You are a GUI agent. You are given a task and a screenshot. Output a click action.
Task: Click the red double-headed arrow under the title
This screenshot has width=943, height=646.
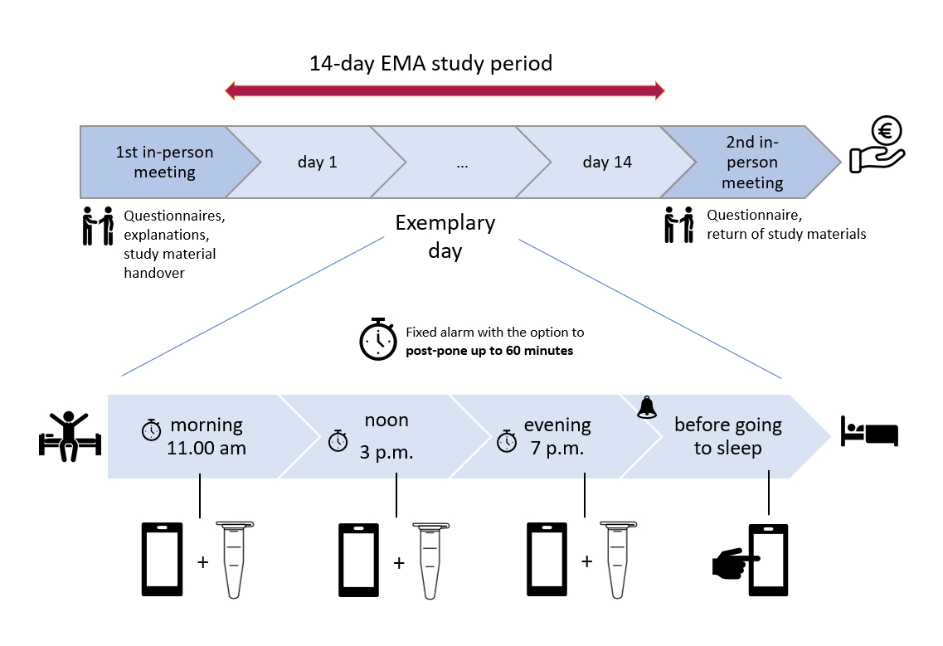pyautogui.click(x=445, y=91)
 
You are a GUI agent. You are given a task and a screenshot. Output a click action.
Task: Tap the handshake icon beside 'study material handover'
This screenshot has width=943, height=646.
pyautogui.click(x=98, y=226)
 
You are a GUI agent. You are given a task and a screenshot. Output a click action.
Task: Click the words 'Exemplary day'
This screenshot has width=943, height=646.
pyautogui.click(x=445, y=236)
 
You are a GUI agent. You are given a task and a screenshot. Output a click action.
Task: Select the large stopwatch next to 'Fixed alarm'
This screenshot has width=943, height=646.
pyautogui.click(x=377, y=339)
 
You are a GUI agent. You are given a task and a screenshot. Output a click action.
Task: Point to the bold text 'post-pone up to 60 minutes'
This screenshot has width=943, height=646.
pyautogui.click(x=489, y=351)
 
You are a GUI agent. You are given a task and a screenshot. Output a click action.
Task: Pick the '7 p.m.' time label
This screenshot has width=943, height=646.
pyautogui.click(x=557, y=449)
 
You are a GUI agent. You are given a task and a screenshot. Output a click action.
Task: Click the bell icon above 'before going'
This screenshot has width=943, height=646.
pyautogui.click(x=647, y=407)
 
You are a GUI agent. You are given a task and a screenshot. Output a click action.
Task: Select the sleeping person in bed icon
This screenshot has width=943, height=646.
pyautogui.click(x=869, y=433)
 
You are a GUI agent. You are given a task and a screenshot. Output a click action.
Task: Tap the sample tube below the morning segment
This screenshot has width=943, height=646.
pyautogui.click(x=234, y=559)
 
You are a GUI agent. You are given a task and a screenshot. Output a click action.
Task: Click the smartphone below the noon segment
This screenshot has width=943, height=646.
pyautogui.click(x=358, y=560)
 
